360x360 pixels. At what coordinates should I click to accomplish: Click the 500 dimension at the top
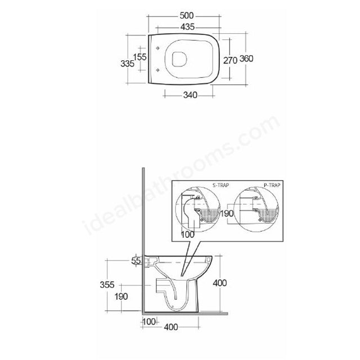(x=187, y=16)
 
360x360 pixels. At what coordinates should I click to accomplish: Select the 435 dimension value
(x=187, y=27)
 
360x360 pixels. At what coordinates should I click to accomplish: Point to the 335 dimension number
(x=128, y=64)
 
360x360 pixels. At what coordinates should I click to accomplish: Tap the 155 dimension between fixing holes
(x=140, y=57)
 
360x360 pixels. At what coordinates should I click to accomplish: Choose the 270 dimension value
(x=230, y=60)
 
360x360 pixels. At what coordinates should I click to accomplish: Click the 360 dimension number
(x=246, y=58)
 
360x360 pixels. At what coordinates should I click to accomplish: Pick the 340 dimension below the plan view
(x=190, y=94)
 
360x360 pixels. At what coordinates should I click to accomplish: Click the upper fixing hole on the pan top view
(x=157, y=48)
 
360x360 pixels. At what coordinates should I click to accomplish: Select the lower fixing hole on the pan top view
(x=157, y=70)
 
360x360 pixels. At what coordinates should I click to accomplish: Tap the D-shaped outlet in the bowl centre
(x=179, y=59)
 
